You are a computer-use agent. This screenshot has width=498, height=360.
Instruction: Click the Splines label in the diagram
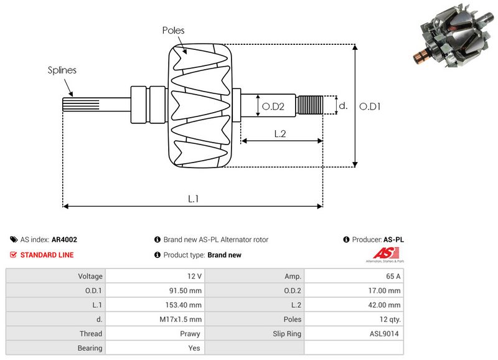click(62, 70)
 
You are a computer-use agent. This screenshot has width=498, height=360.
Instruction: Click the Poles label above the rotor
click(173, 30)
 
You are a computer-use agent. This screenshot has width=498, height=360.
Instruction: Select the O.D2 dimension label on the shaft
click(273, 107)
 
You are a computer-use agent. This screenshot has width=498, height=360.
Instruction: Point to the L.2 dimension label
click(280, 133)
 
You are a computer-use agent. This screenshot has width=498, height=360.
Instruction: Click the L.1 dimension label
click(194, 199)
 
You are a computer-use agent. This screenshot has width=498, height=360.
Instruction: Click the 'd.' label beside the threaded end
click(342, 107)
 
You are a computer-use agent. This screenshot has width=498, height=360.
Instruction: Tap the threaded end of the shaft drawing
click(309, 105)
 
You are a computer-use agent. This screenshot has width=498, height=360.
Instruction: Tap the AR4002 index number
click(64, 240)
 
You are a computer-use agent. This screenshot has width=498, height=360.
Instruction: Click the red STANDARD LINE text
click(47, 255)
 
